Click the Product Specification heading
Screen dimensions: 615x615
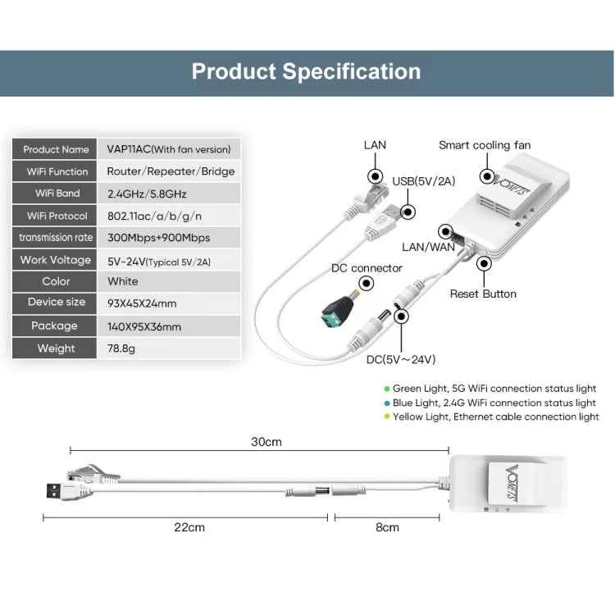pyautogui.click(x=306, y=71)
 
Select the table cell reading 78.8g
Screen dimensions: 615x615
pyautogui.click(x=169, y=348)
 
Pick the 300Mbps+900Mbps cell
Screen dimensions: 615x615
pyautogui.click(x=169, y=238)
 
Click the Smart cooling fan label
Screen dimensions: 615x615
pyautogui.click(x=485, y=145)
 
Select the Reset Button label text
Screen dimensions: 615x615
pyautogui.click(x=483, y=294)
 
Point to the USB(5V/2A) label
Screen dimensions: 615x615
pyautogui.click(x=424, y=181)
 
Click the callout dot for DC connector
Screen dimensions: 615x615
pyautogui.click(x=367, y=283)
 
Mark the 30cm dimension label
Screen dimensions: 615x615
pyautogui.click(x=266, y=442)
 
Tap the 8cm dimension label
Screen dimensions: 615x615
pyautogui.click(x=387, y=527)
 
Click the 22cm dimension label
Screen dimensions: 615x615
pyautogui.click(x=189, y=527)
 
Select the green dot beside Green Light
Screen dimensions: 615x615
pyautogui.click(x=387, y=389)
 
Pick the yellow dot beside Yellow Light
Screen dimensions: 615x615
pyautogui.click(x=387, y=416)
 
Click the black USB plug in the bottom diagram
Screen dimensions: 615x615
pyautogui.click(x=54, y=490)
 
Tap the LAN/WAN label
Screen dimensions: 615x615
pyautogui.click(x=428, y=247)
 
